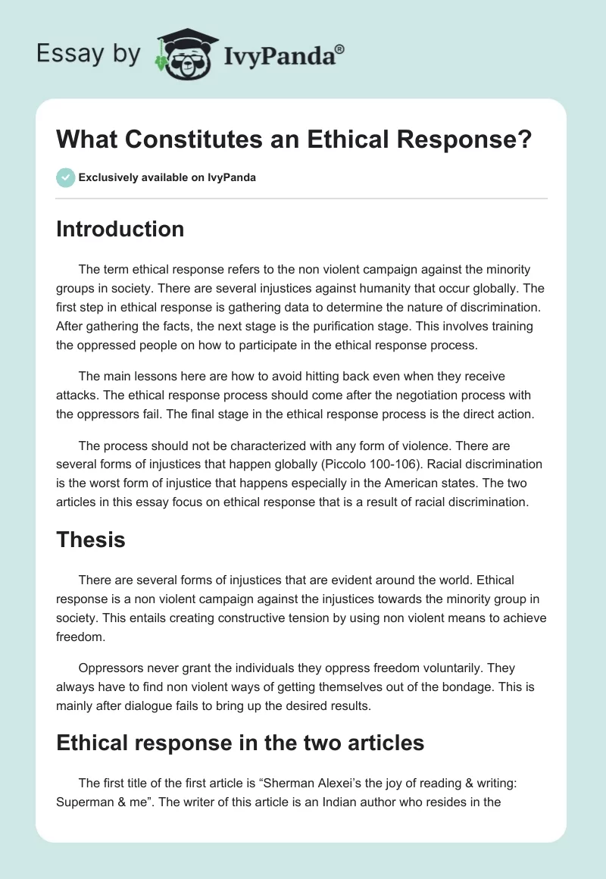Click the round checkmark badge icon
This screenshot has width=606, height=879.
(x=64, y=177)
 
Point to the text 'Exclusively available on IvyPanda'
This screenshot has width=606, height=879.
(x=167, y=178)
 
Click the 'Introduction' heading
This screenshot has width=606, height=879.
(x=120, y=229)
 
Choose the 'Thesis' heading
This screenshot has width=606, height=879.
(x=90, y=540)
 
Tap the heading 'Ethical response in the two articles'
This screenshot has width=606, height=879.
(x=240, y=743)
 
